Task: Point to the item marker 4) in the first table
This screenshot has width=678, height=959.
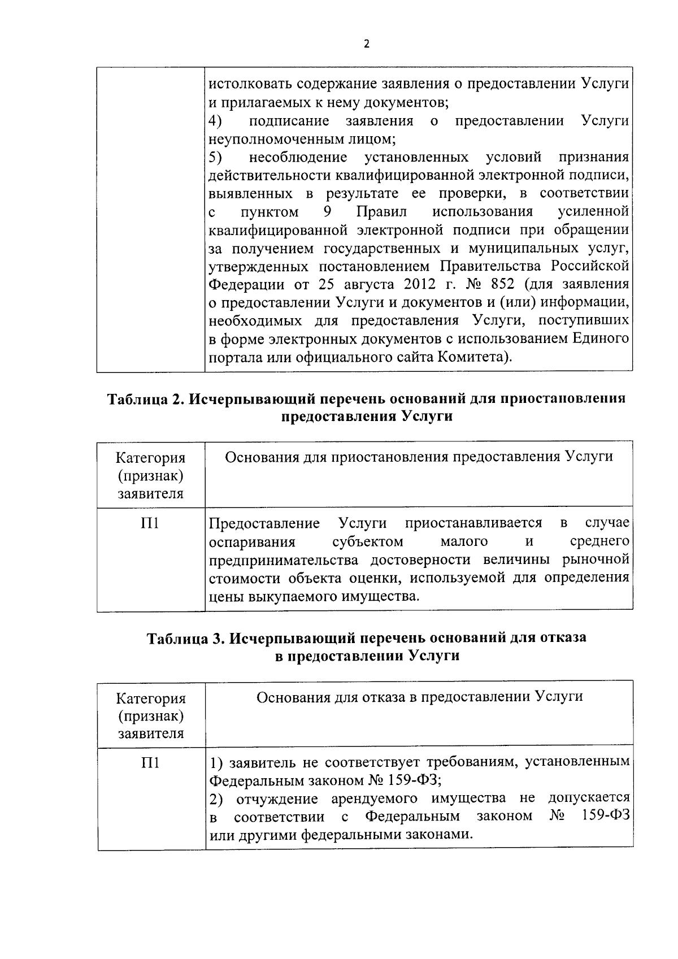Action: click(215, 121)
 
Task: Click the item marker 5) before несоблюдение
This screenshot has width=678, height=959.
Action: click(215, 157)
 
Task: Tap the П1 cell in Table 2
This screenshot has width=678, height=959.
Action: click(150, 524)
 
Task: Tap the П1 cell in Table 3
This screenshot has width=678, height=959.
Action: click(150, 763)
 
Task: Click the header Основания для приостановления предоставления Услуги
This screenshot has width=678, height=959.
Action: click(419, 457)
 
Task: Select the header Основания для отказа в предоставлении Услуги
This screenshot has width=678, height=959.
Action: click(419, 697)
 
